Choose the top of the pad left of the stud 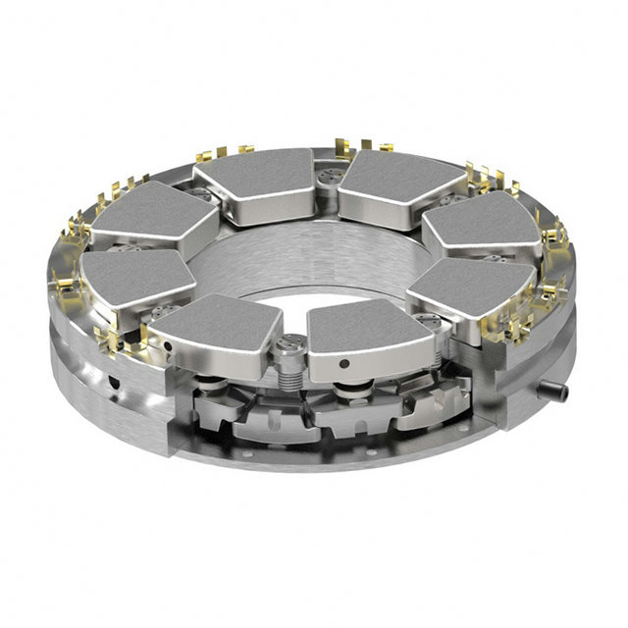tap(218, 320)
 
